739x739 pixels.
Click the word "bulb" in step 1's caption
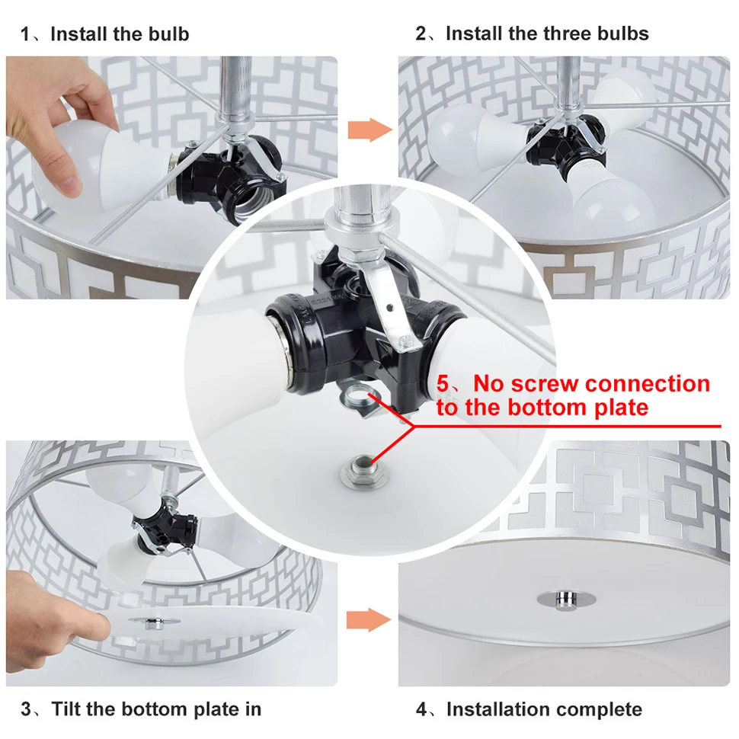[168, 34]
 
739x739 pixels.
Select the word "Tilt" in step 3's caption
[66, 709]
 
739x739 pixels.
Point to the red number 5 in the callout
[443, 384]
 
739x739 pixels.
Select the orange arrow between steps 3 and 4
[369, 619]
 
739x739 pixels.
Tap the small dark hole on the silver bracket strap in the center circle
[389, 308]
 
